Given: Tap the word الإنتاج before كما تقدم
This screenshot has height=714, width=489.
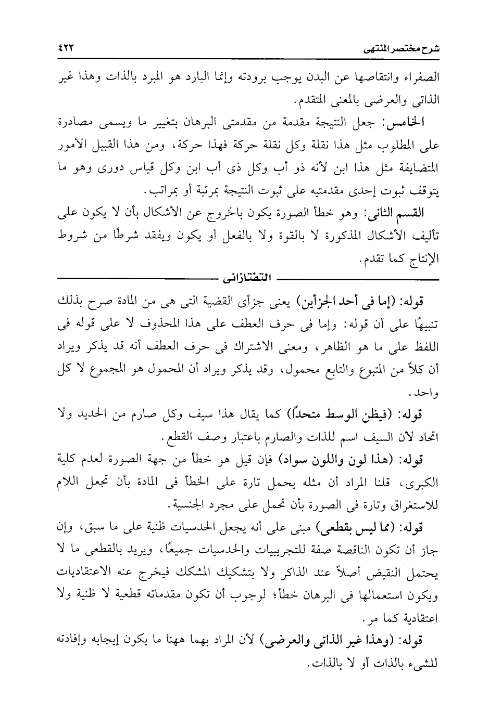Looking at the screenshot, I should pos(422,260).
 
